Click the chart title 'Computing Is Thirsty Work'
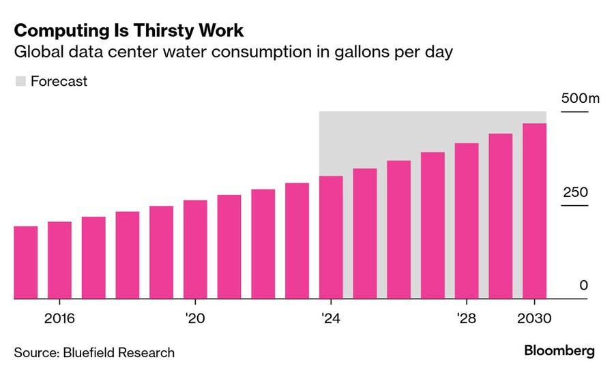click(x=128, y=31)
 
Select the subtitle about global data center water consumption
click(x=233, y=52)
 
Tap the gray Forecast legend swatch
click(x=20, y=81)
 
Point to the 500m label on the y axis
click(x=579, y=98)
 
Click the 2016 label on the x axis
click(x=59, y=318)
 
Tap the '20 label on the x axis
click(x=196, y=318)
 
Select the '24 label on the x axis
click(x=331, y=318)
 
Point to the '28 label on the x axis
click(x=467, y=318)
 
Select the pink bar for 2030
click(x=534, y=211)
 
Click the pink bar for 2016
click(x=59, y=260)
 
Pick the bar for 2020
click(x=195, y=249)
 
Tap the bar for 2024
click(x=331, y=237)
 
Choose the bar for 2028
click(x=467, y=221)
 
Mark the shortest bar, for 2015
click(x=26, y=262)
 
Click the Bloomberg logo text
click(x=559, y=351)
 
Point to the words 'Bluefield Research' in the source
click(x=119, y=352)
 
